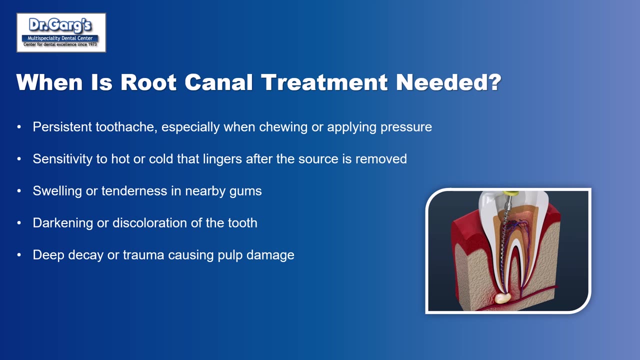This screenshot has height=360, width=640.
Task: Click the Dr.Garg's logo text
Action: [x=60, y=25]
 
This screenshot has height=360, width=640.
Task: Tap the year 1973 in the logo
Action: [x=92, y=44]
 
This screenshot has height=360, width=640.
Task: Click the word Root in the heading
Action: [x=148, y=82]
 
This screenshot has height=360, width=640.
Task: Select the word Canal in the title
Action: [x=218, y=82]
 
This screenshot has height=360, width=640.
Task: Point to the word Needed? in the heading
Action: [x=448, y=82]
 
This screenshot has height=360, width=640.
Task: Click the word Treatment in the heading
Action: [x=324, y=82]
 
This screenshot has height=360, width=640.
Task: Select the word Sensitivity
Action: [x=62, y=159]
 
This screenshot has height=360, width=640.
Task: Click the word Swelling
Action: [x=57, y=191]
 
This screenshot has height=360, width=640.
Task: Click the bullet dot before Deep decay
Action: [x=19, y=255]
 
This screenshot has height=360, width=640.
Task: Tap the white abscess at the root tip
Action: [x=502, y=298]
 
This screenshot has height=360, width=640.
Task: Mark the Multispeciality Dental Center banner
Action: [x=60, y=38]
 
